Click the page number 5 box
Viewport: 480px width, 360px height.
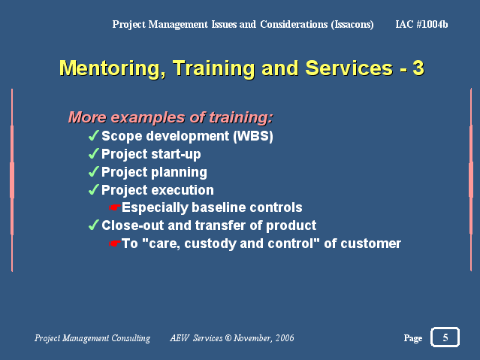[445, 337]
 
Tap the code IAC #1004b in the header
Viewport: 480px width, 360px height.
[421, 24]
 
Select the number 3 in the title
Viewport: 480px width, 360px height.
[418, 68]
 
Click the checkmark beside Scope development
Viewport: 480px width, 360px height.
[93, 135]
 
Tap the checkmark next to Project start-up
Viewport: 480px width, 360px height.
[93, 153]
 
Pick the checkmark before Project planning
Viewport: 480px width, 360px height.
[93, 171]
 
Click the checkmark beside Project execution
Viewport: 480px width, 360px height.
[93, 189]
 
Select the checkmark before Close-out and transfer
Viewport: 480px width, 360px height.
[93, 225]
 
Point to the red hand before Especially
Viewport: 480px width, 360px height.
[114, 207]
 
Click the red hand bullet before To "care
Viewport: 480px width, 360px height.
[114, 244]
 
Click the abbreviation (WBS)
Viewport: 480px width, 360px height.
[253, 136]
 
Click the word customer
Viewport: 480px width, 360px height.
[371, 244]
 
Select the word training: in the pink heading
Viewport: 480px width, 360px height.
[240, 118]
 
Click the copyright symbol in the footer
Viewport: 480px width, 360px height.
[228, 338]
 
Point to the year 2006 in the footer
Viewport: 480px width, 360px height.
[285, 338]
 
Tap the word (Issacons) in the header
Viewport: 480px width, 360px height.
[352, 25]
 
